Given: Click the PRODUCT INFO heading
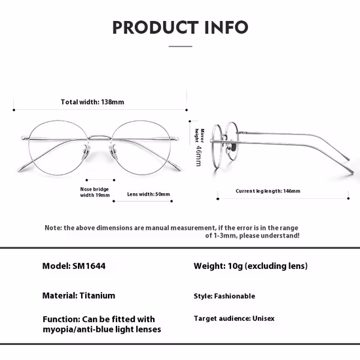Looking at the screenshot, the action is tap(180, 27).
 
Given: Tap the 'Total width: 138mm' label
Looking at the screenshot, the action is tap(92, 102).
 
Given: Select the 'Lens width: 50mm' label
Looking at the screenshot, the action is tap(149, 194).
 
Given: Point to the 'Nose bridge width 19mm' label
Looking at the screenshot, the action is tap(95, 192).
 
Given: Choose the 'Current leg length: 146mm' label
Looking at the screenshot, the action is tap(268, 191).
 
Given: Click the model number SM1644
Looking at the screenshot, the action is tap(89, 266).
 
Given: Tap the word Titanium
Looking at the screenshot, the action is tap(98, 295).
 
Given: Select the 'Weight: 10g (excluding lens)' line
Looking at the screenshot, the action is tap(251, 266).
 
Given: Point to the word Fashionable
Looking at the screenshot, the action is tap(234, 296).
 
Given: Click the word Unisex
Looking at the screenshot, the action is tap(263, 319).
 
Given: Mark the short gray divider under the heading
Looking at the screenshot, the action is tap(181, 46).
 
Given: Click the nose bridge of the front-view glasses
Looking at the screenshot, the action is tap(99, 137).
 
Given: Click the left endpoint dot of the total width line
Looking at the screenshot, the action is tap(14, 110).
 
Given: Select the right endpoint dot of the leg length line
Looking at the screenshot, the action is tap(348, 198).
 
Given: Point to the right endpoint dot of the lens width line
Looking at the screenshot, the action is tap(171, 201).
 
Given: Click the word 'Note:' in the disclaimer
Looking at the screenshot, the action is tap(53, 228).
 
